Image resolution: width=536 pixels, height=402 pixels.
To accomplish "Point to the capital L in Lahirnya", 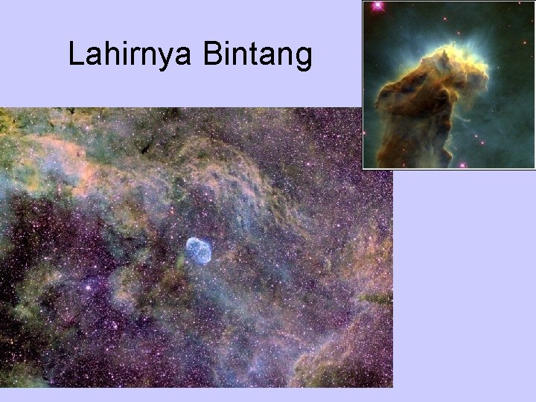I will pos(74,54).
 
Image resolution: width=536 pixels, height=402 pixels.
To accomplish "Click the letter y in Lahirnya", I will pos(163,58).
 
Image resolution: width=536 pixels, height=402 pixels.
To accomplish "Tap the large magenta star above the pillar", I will pos(377,6).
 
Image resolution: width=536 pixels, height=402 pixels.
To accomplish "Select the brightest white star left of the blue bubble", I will pos(89,285).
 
